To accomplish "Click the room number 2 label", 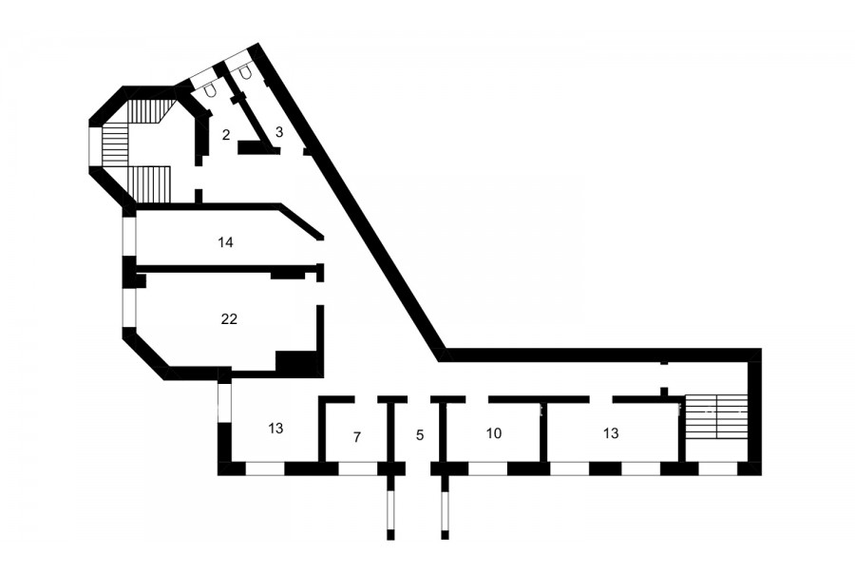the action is [226, 135].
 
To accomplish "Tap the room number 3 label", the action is [279, 131].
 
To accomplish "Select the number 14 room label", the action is [225, 242].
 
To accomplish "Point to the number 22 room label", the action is [229, 318].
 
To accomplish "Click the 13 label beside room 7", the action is [275, 429].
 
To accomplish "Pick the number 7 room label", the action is [357, 437].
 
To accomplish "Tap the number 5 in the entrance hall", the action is [419, 435].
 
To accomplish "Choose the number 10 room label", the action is [493, 433].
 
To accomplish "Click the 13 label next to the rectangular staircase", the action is [611, 433].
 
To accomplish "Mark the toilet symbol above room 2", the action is [210, 90].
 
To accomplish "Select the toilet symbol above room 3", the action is [245, 71].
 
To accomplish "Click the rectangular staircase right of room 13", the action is [715, 417].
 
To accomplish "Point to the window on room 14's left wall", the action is [128, 238].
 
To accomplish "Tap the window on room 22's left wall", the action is [128, 308].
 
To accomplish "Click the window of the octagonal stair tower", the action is [95, 146].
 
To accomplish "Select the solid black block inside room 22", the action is [296, 361].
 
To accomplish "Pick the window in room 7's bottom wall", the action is [358, 469].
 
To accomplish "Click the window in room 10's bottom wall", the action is [488, 469].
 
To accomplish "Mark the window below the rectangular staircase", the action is [718, 469].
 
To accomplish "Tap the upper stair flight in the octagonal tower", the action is [149, 111].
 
